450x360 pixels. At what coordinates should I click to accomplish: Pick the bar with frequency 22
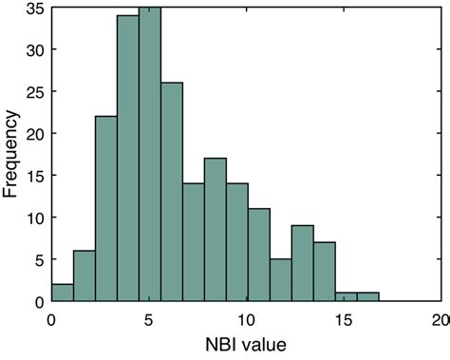click(x=105, y=209)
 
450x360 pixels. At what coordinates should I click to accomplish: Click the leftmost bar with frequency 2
click(x=62, y=294)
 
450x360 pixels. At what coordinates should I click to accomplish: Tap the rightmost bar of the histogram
click(x=368, y=297)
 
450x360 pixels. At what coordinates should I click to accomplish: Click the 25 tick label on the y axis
click(x=34, y=92)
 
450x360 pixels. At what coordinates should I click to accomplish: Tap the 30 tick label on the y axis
click(x=34, y=51)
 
